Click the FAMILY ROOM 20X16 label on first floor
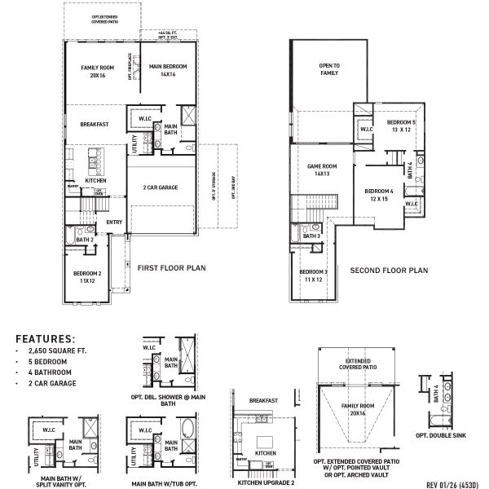coord(94,71)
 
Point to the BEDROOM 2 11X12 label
coord(87,276)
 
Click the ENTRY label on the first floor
coord(113,222)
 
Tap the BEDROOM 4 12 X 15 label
coord(379,195)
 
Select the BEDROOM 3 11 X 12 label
coord(313,275)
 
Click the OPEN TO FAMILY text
coord(328,69)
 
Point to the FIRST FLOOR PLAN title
coord(171,267)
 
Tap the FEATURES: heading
coord(46,337)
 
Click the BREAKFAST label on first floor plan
coord(95,125)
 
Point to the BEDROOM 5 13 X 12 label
coord(401,126)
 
